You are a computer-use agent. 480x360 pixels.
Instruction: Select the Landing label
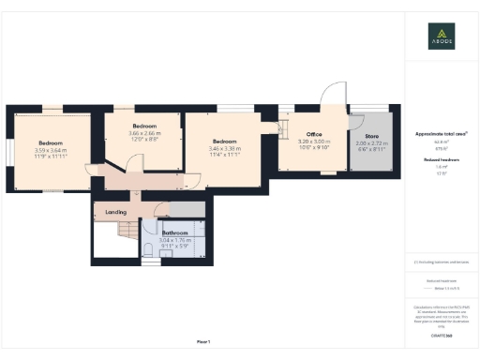click(x=115, y=212)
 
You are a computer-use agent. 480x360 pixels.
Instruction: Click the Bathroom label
click(x=175, y=232)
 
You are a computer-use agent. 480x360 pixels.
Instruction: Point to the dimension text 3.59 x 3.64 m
click(x=51, y=150)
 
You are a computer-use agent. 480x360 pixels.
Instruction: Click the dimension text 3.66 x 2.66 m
click(x=143, y=133)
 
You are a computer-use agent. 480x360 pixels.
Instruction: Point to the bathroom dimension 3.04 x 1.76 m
click(x=175, y=240)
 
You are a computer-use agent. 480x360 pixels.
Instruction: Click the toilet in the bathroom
click(x=150, y=249)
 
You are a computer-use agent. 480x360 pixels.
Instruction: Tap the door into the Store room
click(x=349, y=120)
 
